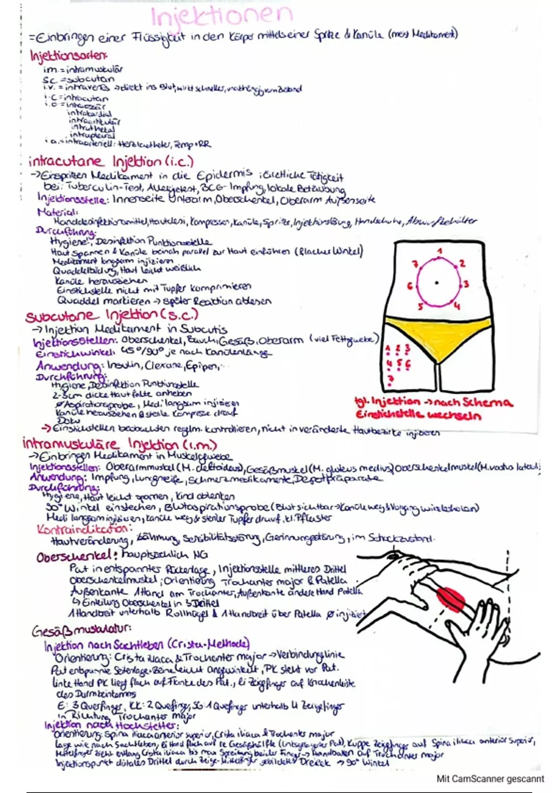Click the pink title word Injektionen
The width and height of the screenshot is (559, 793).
click(x=222, y=17)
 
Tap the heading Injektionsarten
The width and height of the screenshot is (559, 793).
click(x=68, y=56)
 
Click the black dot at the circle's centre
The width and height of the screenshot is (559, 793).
click(x=436, y=283)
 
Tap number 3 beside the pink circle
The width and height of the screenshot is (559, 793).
click(x=466, y=284)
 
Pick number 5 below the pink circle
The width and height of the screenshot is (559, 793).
click(x=420, y=306)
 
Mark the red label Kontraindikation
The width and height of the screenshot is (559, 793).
click(x=82, y=529)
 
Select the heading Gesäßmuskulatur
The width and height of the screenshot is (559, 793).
click(x=81, y=631)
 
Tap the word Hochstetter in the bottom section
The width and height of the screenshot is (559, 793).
click(x=145, y=726)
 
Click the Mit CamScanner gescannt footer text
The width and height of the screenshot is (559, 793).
click(x=490, y=779)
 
